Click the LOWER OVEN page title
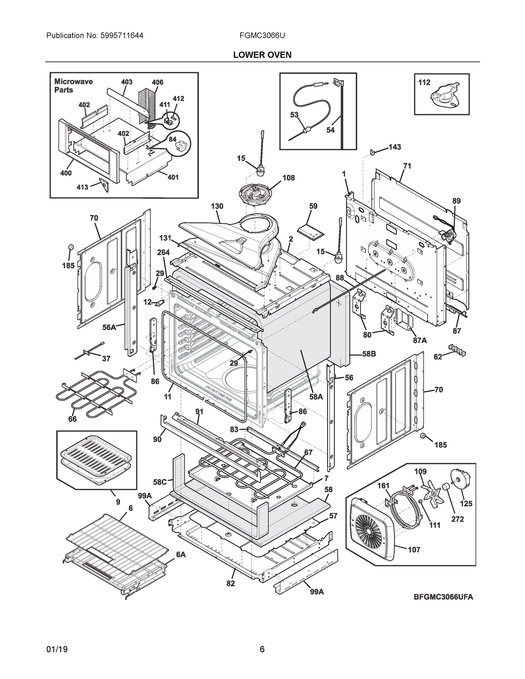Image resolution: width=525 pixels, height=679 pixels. click(262, 55)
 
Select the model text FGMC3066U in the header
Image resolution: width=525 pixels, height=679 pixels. click(262, 35)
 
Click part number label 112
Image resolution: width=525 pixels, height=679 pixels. click(424, 82)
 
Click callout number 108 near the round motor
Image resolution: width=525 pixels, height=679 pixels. click(288, 178)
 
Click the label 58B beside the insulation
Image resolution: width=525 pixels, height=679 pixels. click(369, 354)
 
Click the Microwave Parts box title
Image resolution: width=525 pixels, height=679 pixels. click(73, 85)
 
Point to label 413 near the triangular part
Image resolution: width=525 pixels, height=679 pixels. click(82, 187)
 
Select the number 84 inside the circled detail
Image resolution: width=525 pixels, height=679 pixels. click(173, 139)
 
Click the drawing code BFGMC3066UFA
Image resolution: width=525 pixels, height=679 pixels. click(443, 606)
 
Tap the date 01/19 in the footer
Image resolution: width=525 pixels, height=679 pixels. click(57, 650)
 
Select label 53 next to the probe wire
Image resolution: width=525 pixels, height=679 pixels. click(294, 115)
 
